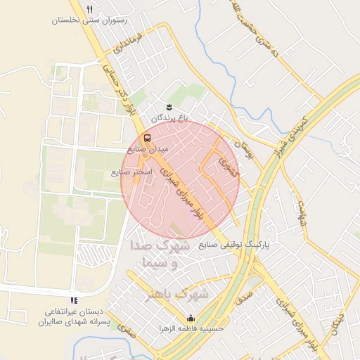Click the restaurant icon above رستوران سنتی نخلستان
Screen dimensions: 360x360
pos(89,9)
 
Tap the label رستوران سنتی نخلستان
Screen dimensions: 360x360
pos(89,20)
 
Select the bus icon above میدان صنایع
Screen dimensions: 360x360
pos(147,138)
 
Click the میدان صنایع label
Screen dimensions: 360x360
pos(147,150)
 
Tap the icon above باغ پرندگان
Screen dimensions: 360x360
pos(169,106)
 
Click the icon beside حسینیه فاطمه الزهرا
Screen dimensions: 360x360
pos(191,317)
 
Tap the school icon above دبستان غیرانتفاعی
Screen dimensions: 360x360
pos(75,300)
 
